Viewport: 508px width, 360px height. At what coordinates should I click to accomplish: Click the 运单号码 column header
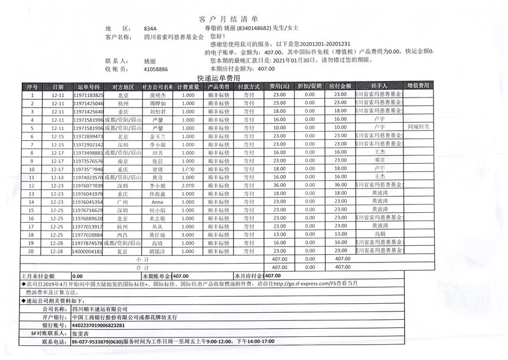(88, 86)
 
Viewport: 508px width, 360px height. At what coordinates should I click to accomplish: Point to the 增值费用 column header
(419, 86)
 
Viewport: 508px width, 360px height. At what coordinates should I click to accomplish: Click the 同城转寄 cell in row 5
(419, 127)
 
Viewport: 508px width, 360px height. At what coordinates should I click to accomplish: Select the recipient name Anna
(157, 202)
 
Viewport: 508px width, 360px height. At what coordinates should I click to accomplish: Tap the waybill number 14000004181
(88, 251)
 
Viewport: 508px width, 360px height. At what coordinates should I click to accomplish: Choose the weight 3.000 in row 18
(188, 235)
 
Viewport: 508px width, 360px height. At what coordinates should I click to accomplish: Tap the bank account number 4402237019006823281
(98, 326)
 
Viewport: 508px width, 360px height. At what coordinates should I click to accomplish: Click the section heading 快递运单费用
(219, 78)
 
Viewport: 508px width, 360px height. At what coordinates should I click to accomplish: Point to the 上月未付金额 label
(38, 276)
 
